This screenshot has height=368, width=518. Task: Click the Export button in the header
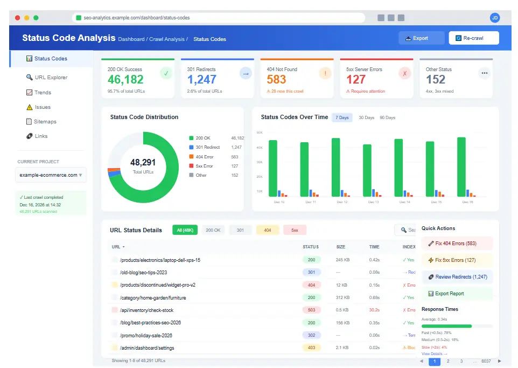421,38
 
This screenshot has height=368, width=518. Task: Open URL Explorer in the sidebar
51,78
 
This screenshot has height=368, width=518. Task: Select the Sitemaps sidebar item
45,122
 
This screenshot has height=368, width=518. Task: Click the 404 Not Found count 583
276,80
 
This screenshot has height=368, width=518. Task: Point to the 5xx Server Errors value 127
356,80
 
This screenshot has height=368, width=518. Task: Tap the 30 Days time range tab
366,117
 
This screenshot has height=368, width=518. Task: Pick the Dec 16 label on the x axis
467,202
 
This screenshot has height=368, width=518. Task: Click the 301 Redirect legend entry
207,147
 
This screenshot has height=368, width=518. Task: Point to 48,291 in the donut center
143,162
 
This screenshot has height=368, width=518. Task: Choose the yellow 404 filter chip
268,230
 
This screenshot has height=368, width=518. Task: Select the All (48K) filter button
185,230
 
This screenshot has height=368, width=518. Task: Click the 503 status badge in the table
311,310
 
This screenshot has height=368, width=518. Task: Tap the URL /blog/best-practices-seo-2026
150,323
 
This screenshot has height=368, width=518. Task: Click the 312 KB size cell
343,297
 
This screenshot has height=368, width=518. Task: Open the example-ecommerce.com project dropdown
51,175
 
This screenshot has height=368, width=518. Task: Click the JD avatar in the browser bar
494,18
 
